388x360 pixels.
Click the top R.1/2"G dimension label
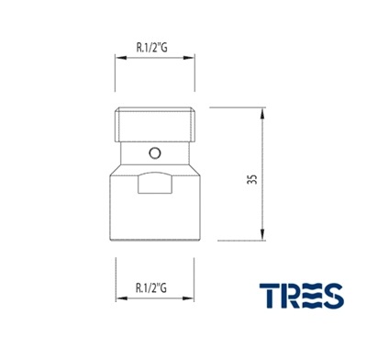(151, 48)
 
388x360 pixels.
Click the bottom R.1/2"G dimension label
(151, 287)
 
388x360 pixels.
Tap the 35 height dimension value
(252, 179)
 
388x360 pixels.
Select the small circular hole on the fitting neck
(155, 152)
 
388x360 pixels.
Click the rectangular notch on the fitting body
(155, 183)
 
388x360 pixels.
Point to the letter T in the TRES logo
(270, 296)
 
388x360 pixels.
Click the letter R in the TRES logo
(291, 296)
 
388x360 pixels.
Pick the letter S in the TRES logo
(333, 296)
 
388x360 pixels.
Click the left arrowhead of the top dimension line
(121, 58)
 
